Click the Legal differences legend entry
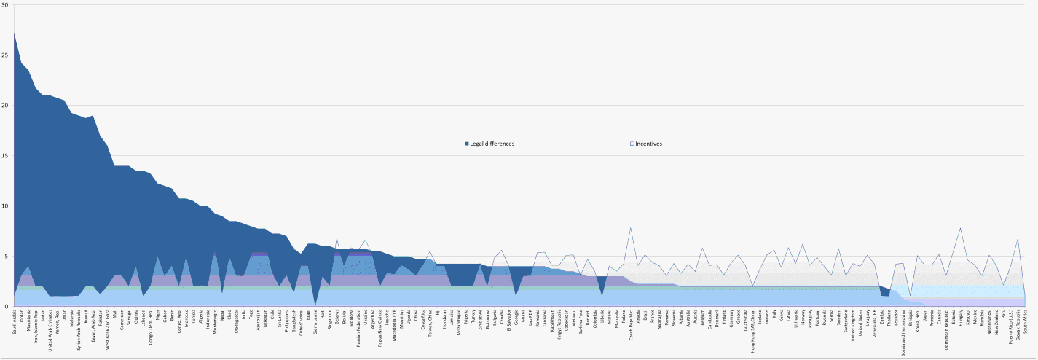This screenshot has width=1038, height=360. coord(492,144)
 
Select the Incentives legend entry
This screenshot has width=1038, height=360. coord(648,144)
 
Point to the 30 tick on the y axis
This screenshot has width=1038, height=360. coord(5,5)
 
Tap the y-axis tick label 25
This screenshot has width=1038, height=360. coord(5,55)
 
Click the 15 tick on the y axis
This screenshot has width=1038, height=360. coord(5,156)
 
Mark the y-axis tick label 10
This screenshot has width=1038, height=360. coord(5,206)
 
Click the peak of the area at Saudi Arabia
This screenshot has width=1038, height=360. coord(14,32)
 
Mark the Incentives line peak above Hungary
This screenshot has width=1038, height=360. coord(960,228)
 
